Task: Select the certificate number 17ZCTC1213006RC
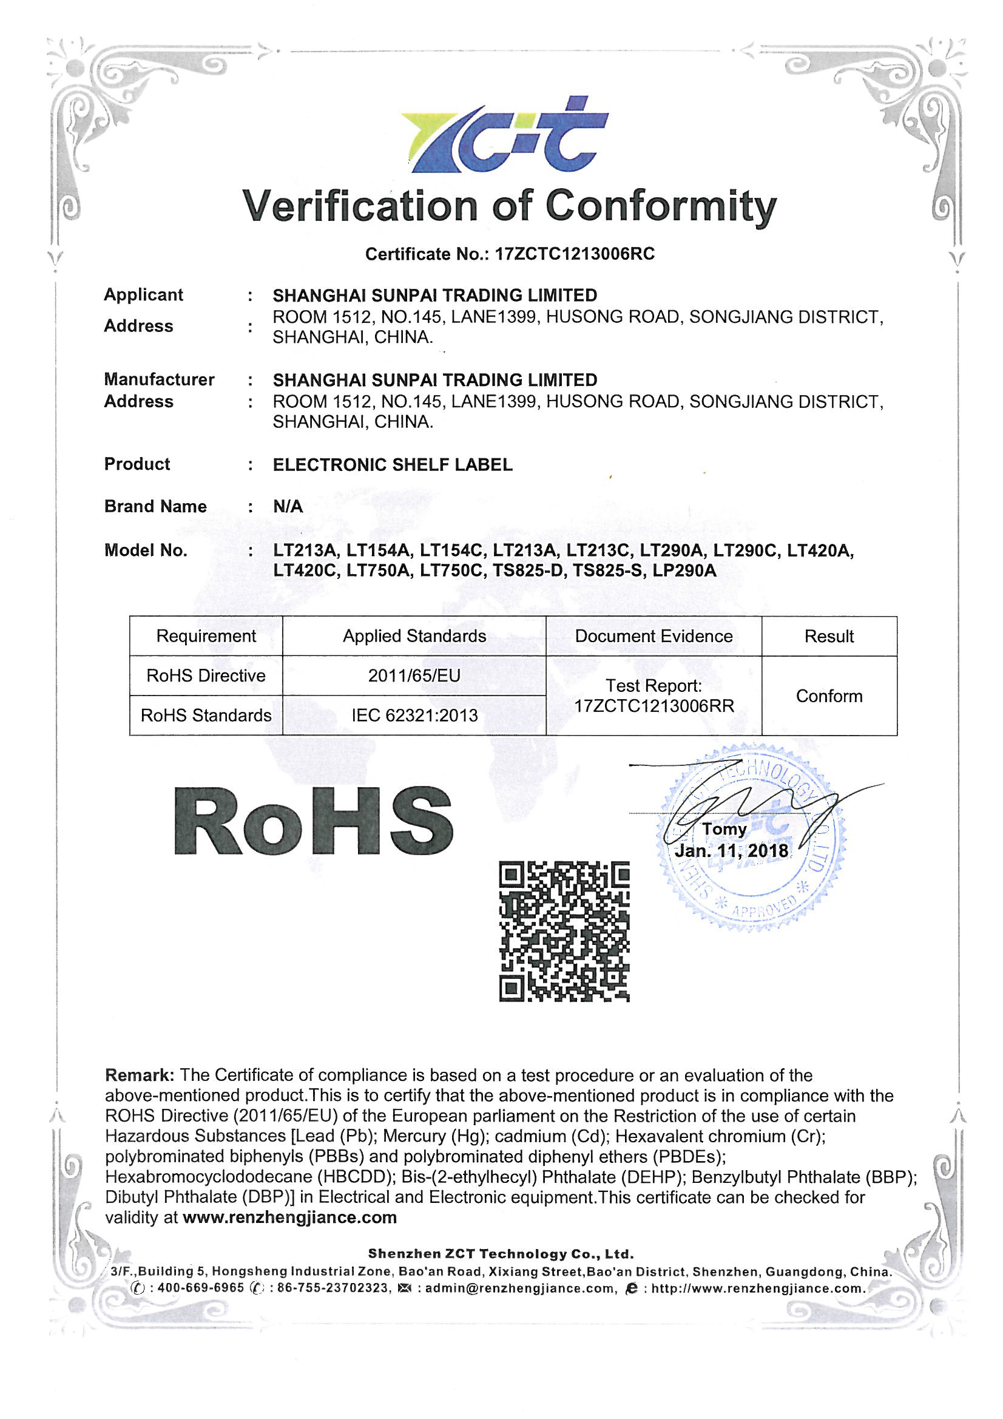point(574,254)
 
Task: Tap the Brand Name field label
point(155,507)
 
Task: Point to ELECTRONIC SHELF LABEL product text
point(393,465)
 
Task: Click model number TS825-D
point(529,571)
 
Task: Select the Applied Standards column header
point(414,636)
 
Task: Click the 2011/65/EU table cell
point(414,676)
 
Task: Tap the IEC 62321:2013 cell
point(414,716)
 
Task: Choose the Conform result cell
point(829,696)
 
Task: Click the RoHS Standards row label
point(206,716)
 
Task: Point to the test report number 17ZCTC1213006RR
point(654,706)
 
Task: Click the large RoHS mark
point(313,821)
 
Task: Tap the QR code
point(564,931)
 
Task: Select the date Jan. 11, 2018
point(731,852)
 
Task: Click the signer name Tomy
point(724,829)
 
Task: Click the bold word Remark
point(140,1075)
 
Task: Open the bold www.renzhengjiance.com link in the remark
point(290,1217)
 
